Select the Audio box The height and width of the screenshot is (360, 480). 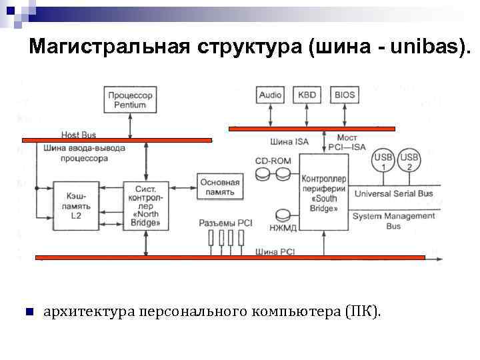271,95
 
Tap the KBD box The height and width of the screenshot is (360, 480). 307,95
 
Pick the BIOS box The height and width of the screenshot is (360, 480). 345,95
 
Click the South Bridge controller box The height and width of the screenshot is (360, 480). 323,193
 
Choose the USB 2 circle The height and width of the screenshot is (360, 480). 409,161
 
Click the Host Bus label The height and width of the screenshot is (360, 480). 79,135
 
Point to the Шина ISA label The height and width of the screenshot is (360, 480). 290,141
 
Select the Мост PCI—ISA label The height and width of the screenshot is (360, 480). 347,141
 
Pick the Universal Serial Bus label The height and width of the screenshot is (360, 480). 393,193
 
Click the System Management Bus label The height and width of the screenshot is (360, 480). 393,221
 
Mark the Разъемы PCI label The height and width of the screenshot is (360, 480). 225,223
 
